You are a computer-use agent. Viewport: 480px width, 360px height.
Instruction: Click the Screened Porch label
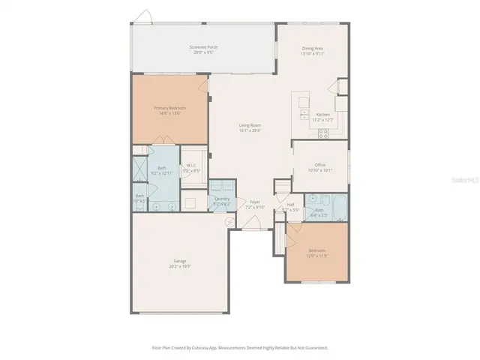click(x=203, y=49)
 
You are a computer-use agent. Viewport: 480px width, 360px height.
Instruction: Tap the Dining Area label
click(x=313, y=49)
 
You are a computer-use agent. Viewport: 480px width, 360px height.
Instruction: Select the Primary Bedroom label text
click(x=170, y=109)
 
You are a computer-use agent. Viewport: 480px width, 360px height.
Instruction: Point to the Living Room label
click(x=250, y=128)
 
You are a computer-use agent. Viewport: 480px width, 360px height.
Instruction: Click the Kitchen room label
click(x=322, y=116)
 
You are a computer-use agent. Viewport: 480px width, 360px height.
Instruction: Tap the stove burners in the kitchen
click(x=324, y=134)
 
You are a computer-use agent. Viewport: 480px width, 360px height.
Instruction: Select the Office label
click(x=319, y=167)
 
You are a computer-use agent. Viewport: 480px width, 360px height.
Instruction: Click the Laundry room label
click(x=221, y=200)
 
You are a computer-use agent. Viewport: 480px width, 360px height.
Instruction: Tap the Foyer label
click(x=255, y=204)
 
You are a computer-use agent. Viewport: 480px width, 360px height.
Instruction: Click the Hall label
click(x=290, y=206)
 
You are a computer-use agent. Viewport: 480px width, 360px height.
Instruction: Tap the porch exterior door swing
click(x=145, y=16)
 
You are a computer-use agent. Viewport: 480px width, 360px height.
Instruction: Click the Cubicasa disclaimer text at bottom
click(x=240, y=348)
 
